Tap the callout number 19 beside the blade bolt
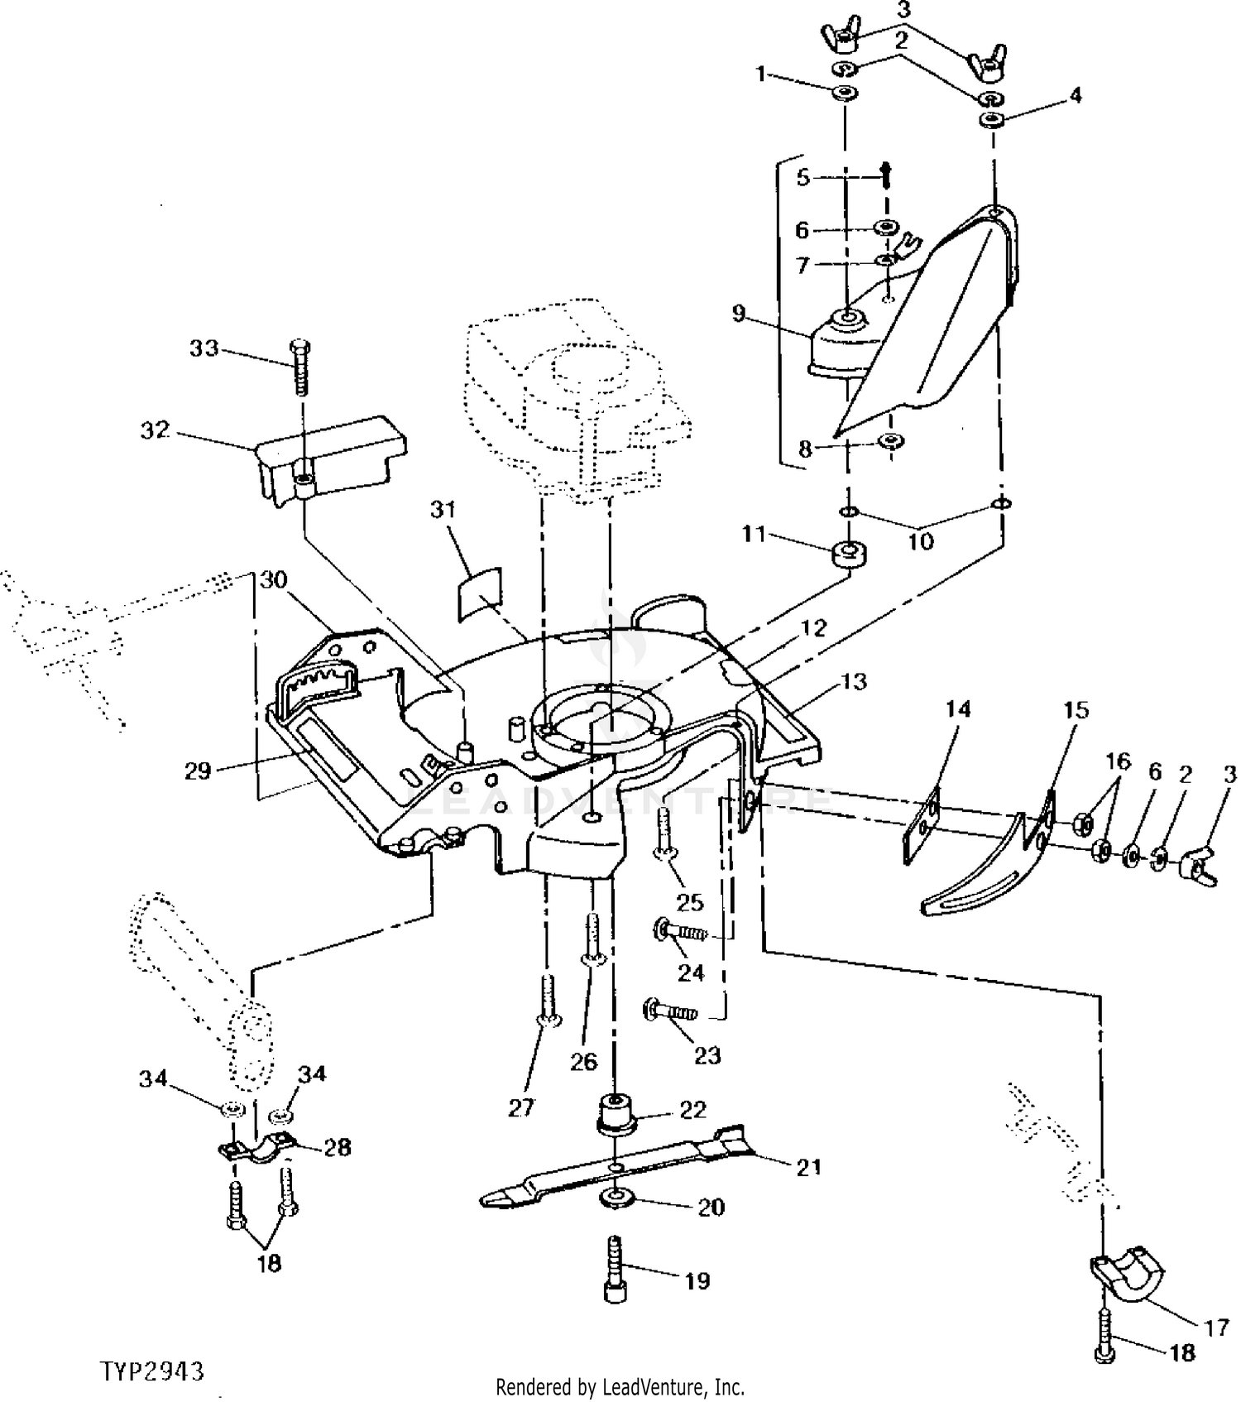(697, 1280)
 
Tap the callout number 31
(443, 509)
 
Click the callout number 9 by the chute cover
(738, 314)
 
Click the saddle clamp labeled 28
(259, 1148)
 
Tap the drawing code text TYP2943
(152, 1371)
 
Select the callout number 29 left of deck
(197, 771)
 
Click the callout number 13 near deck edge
(853, 681)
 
